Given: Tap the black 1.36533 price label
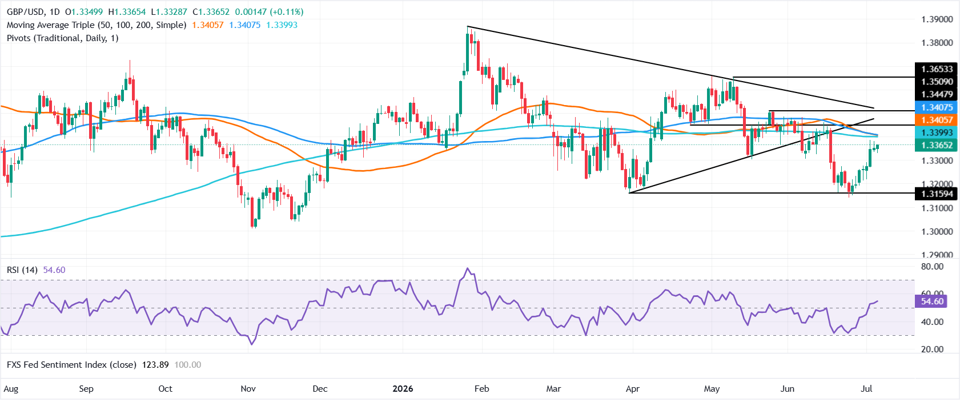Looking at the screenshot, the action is (x=937, y=69).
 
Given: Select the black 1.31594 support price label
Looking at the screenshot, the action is (x=937, y=194).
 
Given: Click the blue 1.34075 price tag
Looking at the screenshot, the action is (x=937, y=107).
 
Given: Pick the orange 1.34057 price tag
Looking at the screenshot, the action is (x=937, y=120).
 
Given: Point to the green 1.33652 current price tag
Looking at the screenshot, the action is (x=937, y=145).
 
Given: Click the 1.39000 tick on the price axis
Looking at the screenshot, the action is (x=937, y=19).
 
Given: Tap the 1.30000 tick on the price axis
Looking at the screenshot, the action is (x=937, y=232).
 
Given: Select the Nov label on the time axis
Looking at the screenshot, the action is (x=248, y=389).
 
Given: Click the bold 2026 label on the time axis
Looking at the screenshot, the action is (x=403, y=389).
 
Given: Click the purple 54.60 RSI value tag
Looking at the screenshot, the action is (x=932, y=301).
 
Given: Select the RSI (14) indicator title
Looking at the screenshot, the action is (x=22, y=270).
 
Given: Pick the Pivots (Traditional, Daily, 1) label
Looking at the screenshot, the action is (x=63, y=38).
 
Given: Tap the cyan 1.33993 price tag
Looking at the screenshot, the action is (x=937, y=133).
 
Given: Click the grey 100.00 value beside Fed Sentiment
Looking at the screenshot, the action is (x=188, y=365).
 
